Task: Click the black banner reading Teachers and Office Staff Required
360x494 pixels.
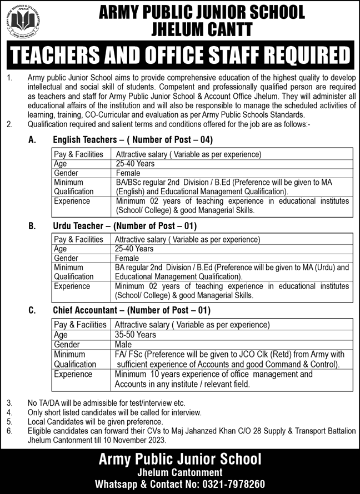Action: [180, 57]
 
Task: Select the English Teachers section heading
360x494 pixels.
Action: [133, 140]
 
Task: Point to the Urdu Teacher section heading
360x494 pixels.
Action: [125, 226]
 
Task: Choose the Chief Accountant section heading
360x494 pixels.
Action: [132, 311]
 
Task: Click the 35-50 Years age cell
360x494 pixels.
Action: [136, 335]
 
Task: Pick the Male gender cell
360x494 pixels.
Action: [124, 344]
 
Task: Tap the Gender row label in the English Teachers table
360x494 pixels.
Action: [67, 173]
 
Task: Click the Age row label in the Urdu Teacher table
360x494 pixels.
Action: [61, 249]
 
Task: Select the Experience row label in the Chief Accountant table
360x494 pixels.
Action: [72, 375]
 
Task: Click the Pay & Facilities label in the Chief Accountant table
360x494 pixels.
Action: [81, 325]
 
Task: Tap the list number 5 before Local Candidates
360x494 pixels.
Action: [9, 421]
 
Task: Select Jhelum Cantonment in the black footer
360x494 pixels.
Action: [180, 472]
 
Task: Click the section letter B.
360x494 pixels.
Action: [32, 226]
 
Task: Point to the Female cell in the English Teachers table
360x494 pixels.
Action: [128, 173]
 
